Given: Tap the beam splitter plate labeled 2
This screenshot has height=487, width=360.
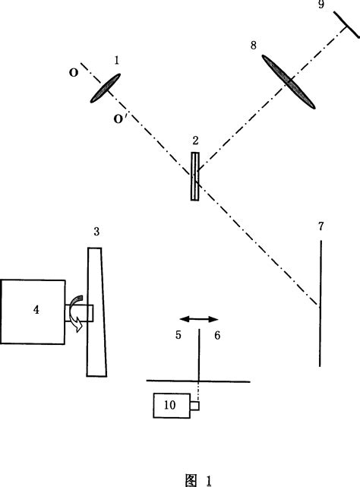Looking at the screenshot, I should point(196,176).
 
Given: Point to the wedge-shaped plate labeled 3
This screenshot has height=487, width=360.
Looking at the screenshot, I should point(96,311).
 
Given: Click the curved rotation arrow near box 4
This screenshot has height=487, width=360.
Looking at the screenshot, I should point(77,312).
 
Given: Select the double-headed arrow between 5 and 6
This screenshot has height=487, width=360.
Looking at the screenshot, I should point(199,321).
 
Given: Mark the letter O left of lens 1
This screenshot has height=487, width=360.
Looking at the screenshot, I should point(72,74).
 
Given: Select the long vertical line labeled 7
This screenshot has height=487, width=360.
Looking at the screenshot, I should point(320,304).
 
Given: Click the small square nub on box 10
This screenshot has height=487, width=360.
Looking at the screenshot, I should point(194,406).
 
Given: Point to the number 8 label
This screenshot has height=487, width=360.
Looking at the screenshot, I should point(254,46).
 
